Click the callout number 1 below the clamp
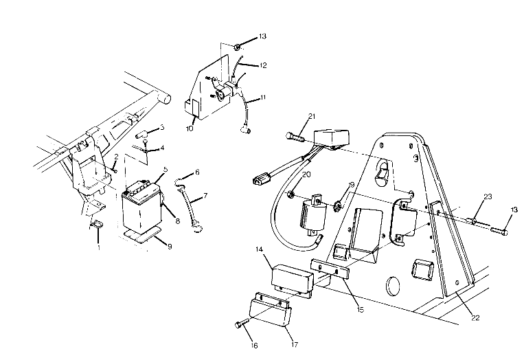(98, 248)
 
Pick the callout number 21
(291, 116)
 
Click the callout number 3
(161, 127)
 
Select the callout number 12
(263, 65)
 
